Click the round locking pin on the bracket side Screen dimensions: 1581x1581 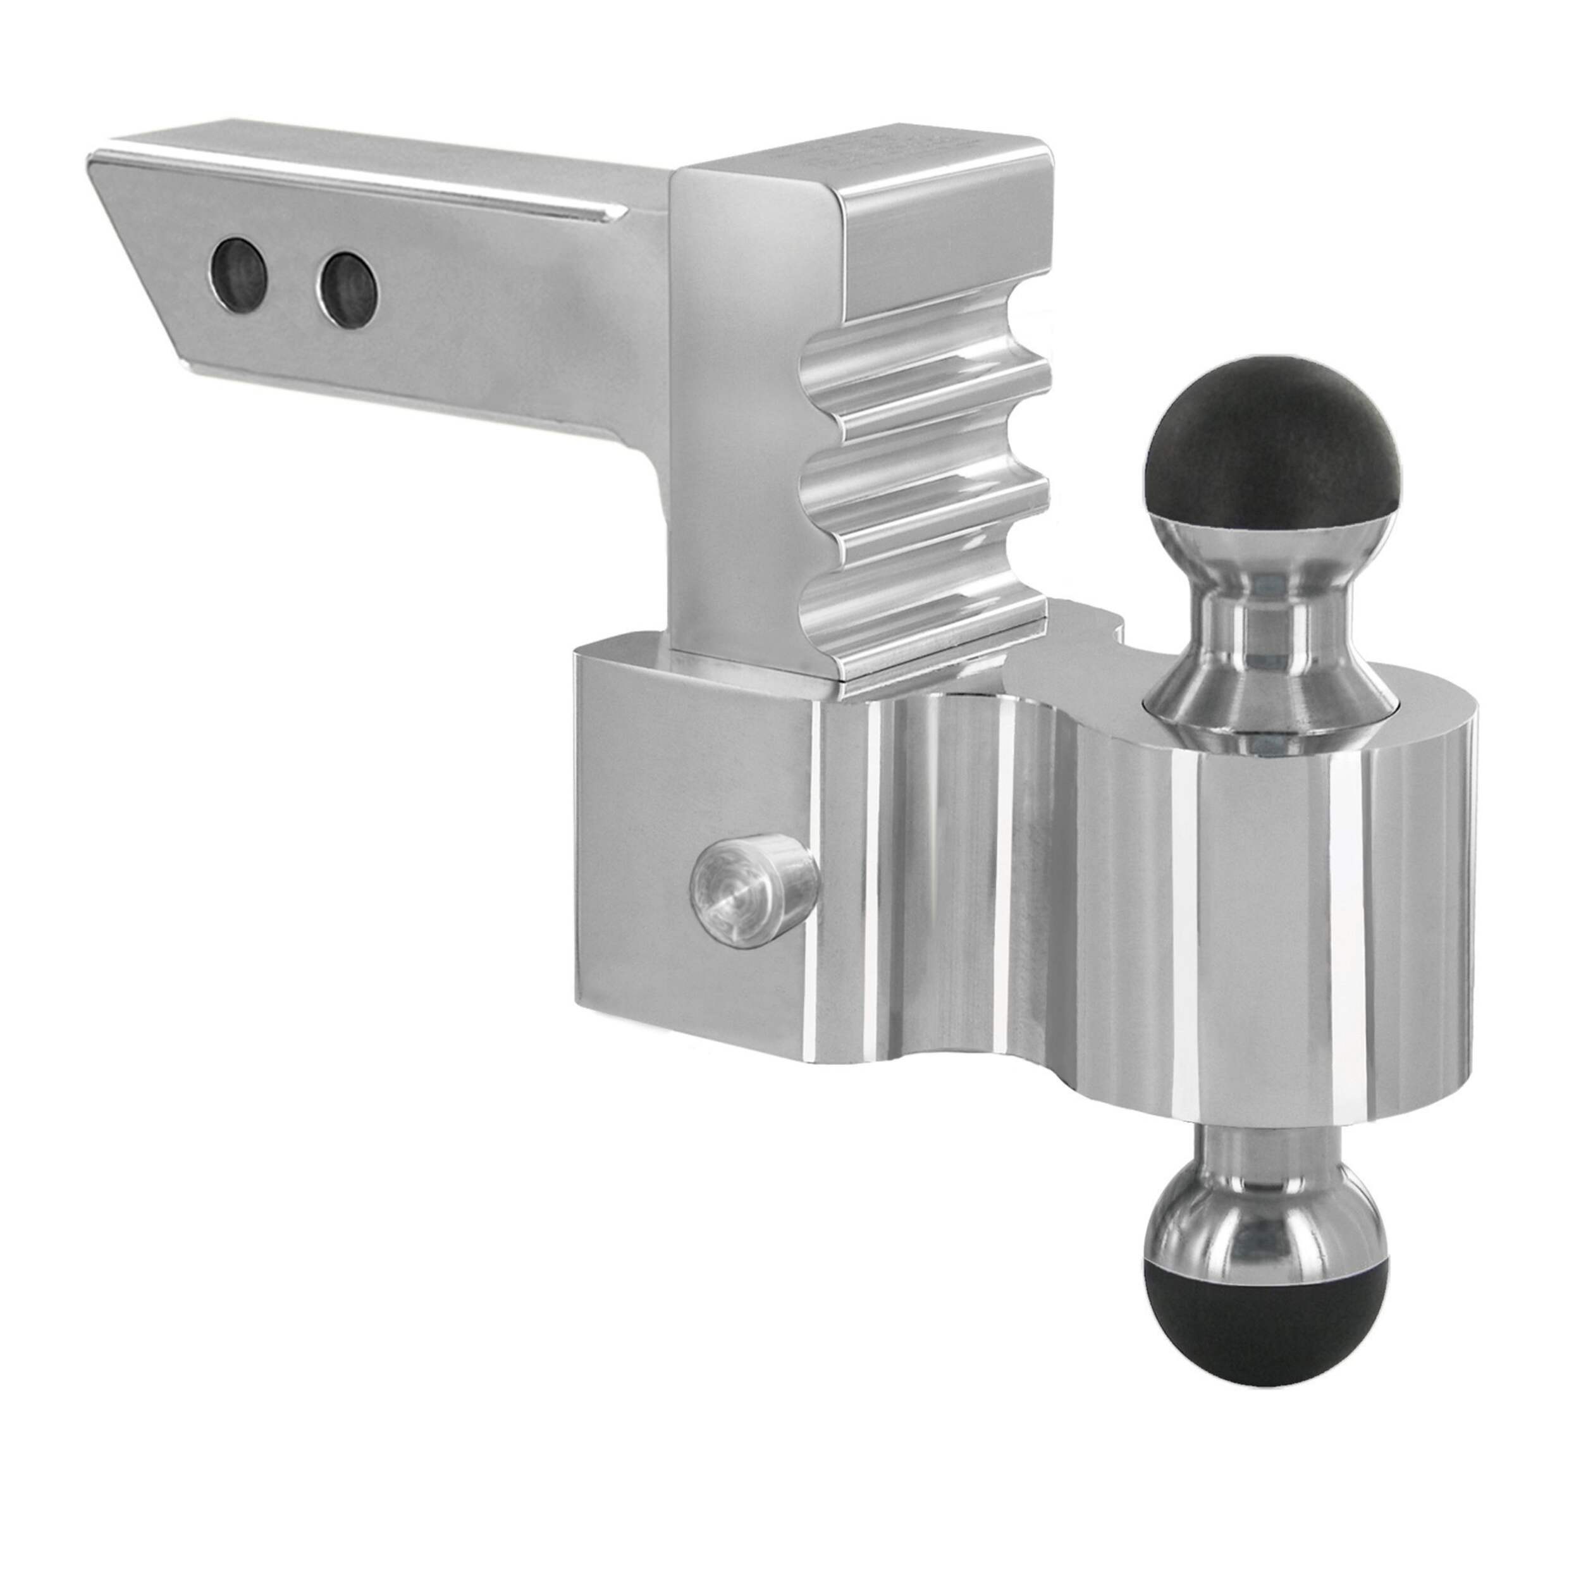click(753, 887)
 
